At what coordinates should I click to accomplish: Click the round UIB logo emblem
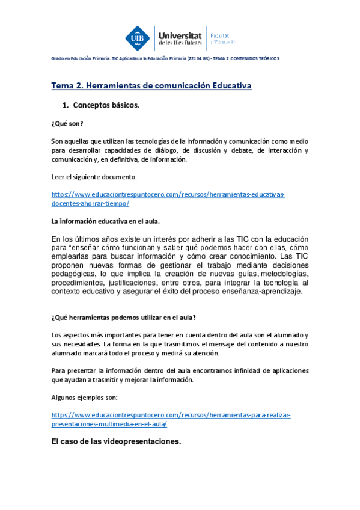tap(137, 38)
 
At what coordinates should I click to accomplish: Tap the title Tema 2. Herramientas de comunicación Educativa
tap(151, 86)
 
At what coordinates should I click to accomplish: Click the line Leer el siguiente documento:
tap(94, 176)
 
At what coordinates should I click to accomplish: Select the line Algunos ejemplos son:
tap(85, 398)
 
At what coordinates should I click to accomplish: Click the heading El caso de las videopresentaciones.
tap(116, 442)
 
